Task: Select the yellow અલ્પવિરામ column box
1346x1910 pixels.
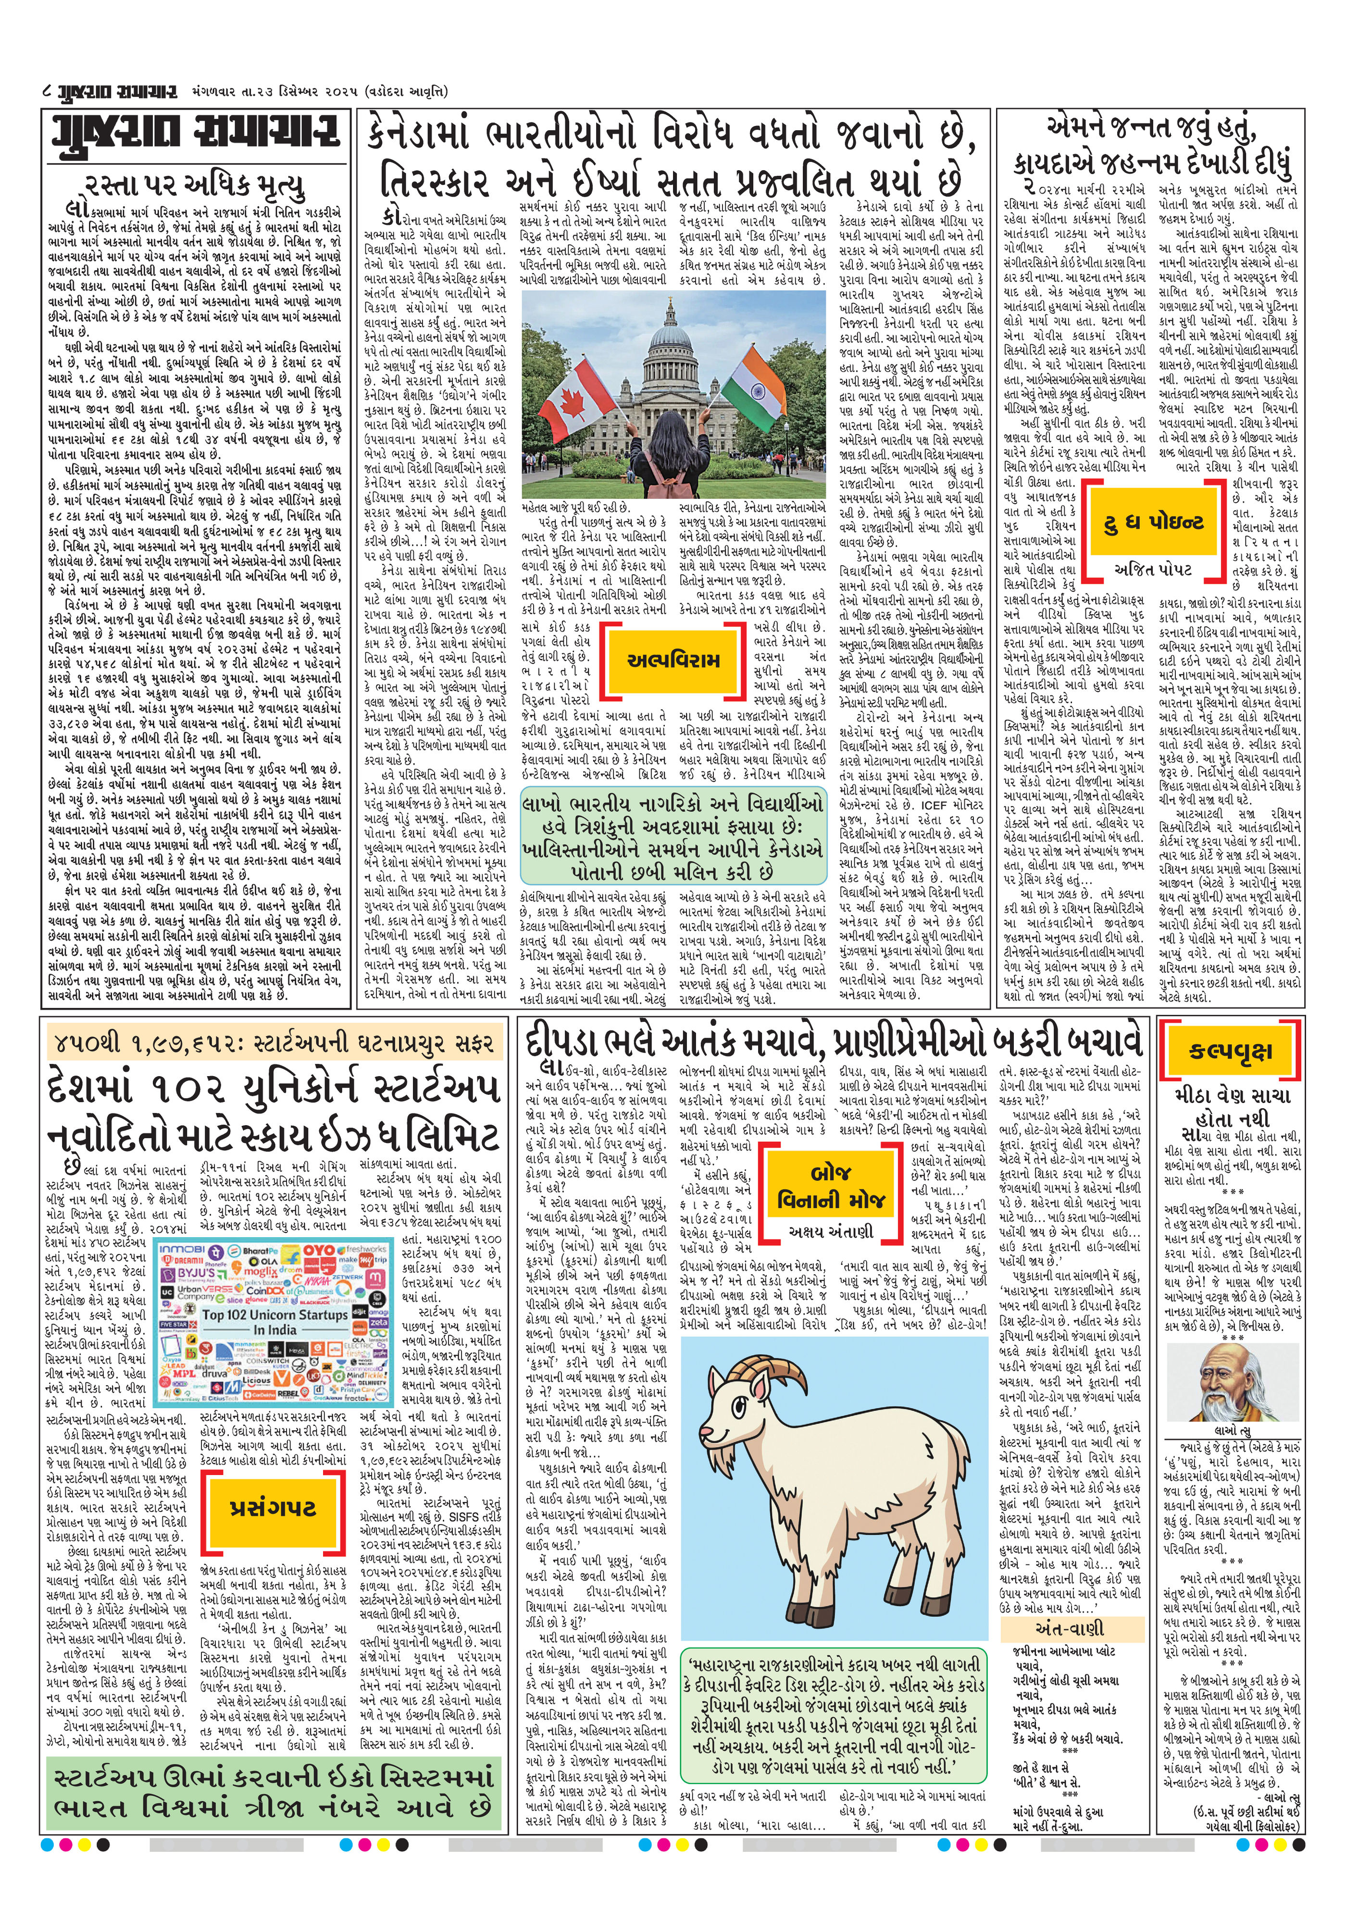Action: click(674, 660)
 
